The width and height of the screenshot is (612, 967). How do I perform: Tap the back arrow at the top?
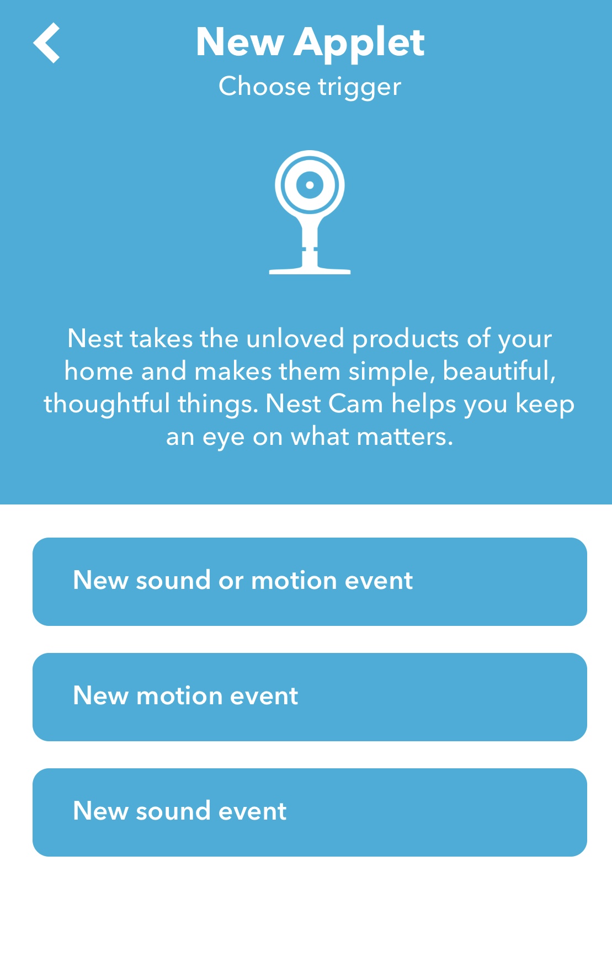46,42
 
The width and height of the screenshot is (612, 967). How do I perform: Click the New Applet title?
310,42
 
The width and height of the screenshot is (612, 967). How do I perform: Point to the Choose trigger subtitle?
310,87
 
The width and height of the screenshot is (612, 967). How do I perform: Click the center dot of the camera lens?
310,185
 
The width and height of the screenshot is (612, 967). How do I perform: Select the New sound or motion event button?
310,582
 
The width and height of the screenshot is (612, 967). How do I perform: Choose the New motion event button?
310,697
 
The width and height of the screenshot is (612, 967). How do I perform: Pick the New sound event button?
310,812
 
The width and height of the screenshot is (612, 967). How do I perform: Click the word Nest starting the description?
95,338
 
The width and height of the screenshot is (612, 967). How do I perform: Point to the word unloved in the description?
295,338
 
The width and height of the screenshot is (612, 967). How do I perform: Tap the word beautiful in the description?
499,371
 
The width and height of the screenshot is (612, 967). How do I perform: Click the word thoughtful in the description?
107,404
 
